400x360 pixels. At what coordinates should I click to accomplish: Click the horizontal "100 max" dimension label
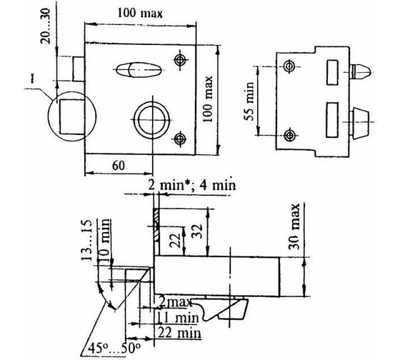[140, 13]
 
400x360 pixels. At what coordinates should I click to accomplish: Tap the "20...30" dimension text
[46, 26]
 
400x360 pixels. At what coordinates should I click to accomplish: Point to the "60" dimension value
[119, 165]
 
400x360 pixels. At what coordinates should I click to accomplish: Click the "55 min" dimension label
[249, 101]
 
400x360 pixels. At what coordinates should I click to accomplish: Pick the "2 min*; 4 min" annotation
[192, 185]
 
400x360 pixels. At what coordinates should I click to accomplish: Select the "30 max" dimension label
[294, 226]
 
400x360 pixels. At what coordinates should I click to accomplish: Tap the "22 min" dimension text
[179, 333]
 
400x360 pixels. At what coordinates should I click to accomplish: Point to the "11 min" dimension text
[178, 318]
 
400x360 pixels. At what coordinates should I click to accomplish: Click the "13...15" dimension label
[86, 240]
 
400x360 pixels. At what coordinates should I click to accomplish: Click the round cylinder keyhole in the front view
[152, 120]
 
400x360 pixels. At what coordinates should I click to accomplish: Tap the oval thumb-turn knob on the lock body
[138, 69]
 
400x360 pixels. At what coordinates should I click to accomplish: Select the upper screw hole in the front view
[180, 60]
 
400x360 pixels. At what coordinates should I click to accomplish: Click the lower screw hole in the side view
[289, 136]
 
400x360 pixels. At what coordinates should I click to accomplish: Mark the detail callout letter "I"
[32, 79]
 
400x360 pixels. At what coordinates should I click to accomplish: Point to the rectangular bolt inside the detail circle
[72, 116]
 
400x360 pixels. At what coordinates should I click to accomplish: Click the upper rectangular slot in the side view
[333, 72]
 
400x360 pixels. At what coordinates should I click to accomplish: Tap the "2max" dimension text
[175, 302]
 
